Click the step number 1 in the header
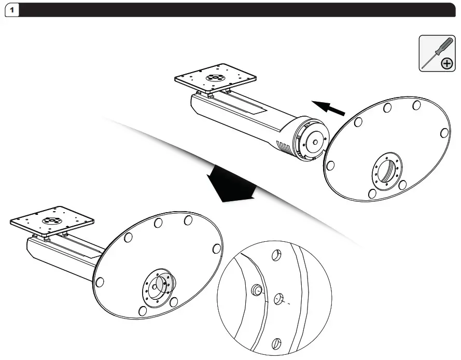click(x=12, y=10)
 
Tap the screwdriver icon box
click(x=437, y=53)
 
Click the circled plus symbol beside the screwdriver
click(x=446, y=63)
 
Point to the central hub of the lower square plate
click(x=51, y=220)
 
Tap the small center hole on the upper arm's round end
click(x=315, y=142)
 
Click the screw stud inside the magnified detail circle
click(x=256, y=290)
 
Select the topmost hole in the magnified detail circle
click(x=276, y=255)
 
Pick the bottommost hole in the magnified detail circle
click(x=276, y=344)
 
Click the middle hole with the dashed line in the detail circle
click(x=278, y=299)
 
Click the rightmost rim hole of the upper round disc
click(x=444, y=133)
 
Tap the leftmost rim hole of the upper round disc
click(x=330, y=165)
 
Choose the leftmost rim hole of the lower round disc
click(x=100, y=282)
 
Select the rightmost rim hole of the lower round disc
click(x=217, y=248)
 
